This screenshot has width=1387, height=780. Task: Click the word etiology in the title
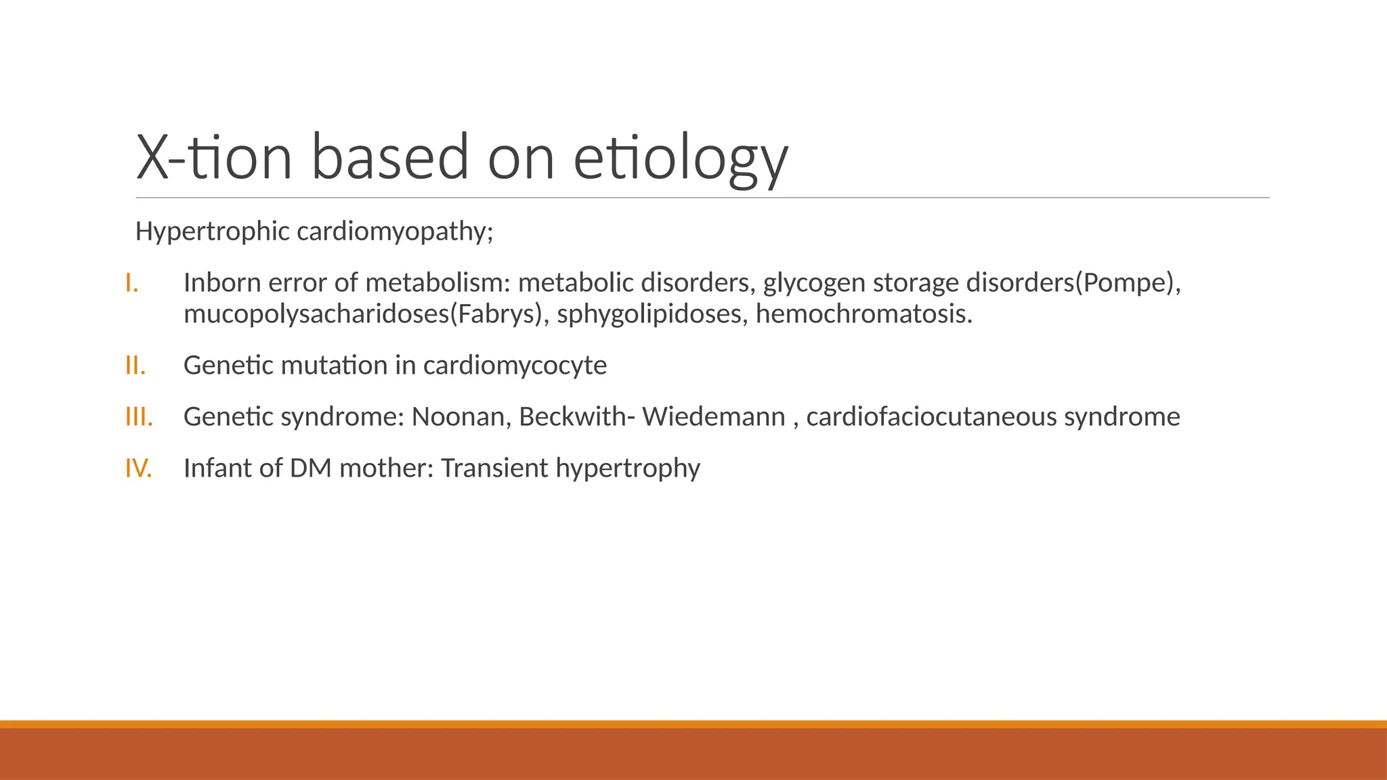[x=681, y=159]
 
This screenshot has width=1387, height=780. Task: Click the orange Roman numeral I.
[x=132, y=283]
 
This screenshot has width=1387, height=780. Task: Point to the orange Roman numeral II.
[x=135, y=366]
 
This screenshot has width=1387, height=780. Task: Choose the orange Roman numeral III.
[x=139, y=416]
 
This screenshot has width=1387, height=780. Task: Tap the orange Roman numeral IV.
[x=139, y=468]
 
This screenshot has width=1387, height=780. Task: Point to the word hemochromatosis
[x=863, y=314]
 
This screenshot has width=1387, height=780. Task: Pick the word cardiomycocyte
[x=515, y=366]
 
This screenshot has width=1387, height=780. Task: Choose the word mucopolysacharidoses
[x=316, y=314]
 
